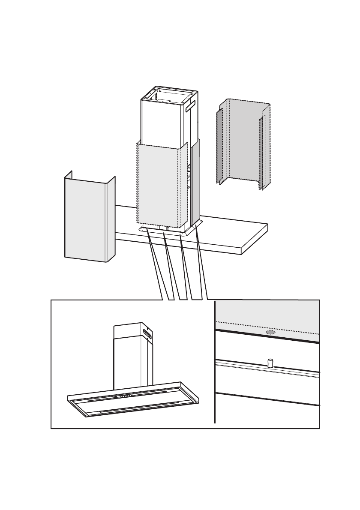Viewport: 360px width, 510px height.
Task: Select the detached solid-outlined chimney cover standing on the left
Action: click(x=86, y=219)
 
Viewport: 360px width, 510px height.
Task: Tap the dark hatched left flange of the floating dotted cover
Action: click(x=219, y=146)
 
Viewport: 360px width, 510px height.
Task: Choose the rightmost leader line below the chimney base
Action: click(x=201, y=264)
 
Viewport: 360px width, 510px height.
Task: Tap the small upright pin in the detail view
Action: click(x=270, y=363)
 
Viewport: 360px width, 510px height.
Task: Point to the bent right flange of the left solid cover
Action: click(x=111, y=219)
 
